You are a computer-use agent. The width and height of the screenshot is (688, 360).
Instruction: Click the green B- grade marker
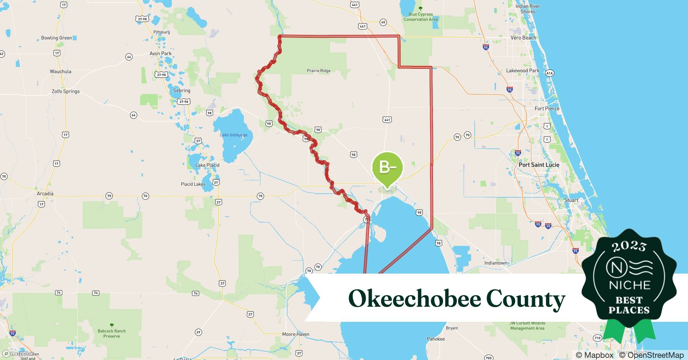387,168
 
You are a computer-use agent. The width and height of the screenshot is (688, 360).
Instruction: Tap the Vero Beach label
523,38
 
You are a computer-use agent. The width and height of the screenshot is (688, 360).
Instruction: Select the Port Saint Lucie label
539,165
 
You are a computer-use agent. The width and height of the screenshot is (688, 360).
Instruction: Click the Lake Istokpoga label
233,135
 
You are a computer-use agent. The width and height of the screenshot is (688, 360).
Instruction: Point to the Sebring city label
182,91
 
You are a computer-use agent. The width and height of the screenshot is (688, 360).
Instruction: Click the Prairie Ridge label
318,71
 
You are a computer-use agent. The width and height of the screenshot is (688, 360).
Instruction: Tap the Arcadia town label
45,194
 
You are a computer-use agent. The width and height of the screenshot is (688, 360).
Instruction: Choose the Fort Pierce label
547,109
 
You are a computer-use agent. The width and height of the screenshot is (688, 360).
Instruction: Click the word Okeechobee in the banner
414,299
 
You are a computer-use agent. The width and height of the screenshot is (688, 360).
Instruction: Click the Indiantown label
496,263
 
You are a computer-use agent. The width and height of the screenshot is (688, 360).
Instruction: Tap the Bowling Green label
57,38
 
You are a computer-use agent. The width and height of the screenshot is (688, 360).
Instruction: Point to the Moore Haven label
295,334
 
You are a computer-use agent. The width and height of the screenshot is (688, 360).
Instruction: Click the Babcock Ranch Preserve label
112,333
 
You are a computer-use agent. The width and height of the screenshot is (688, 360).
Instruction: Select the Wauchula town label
61,72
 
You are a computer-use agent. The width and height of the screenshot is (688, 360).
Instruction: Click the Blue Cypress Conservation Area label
420,17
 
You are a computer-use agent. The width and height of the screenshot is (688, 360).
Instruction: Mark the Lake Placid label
207,165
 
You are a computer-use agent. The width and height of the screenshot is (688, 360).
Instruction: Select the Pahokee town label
435,339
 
